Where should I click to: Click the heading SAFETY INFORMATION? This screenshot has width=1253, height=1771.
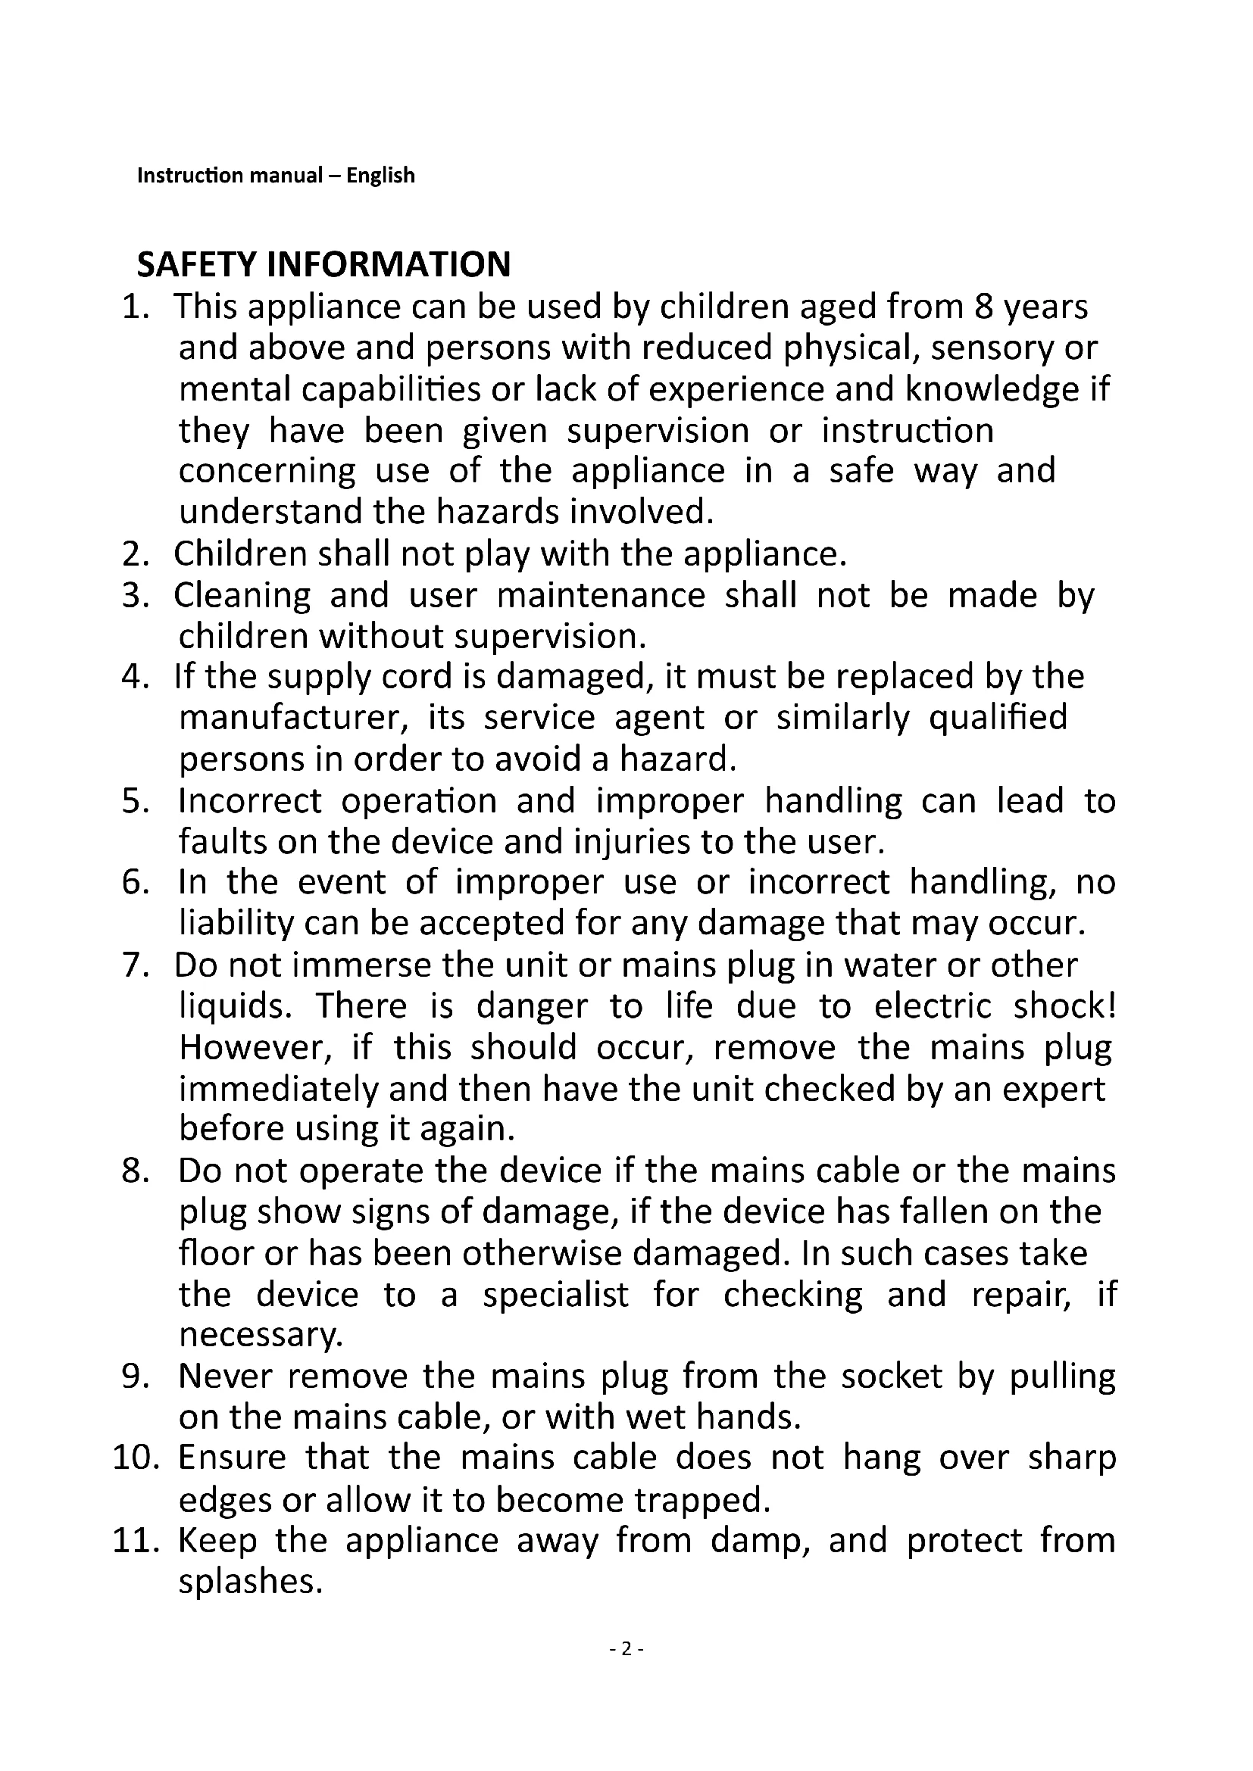pyautogui.click(x=323, y=263)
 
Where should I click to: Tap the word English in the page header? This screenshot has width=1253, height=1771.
pyautogui.click(x=380, y=176)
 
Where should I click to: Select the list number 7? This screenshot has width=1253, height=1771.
pyautogui.click(x=134, y=965)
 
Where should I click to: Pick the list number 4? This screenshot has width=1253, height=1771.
pyautogui.click(x=134, y=677)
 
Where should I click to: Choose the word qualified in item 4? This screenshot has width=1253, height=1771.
pyautogui.click(x=998, y=718)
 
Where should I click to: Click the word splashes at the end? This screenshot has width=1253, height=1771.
pyautogui.click(x=249, y=1581)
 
